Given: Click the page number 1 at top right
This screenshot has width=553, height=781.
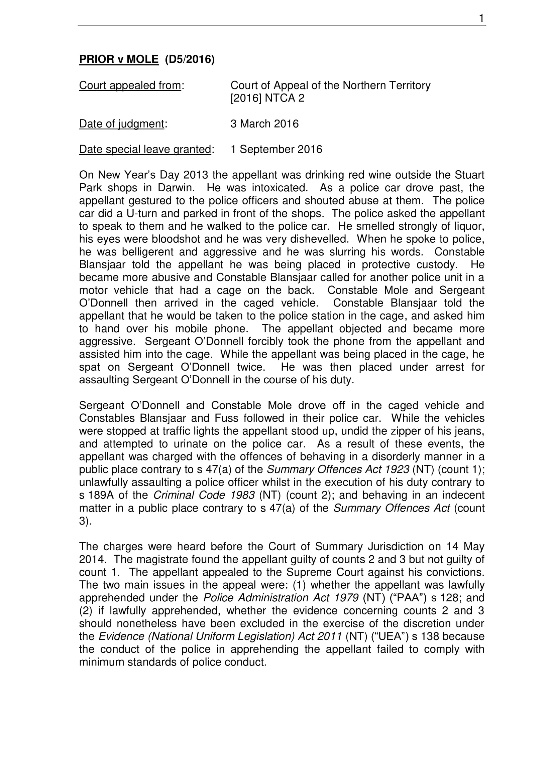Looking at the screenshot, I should tap(481, 18).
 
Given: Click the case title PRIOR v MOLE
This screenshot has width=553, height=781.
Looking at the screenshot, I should tap(118, 59).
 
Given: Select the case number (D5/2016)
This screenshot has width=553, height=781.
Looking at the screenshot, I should tap(190, 59).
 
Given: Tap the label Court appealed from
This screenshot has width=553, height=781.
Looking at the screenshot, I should tap(130, 85).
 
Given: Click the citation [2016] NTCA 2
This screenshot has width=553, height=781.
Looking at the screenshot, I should tap(267, 98).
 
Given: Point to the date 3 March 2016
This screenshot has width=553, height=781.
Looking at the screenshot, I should tap(264, 124).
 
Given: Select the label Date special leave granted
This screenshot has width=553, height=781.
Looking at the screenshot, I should tap(145, 149).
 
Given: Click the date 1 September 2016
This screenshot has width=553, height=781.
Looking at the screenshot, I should tap(276, 149).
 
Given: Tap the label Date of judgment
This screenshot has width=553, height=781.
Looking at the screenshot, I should tap(122, 124).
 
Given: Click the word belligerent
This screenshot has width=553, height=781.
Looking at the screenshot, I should tap(147, 252).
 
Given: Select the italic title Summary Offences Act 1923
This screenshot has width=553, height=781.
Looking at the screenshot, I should tap(338, 469).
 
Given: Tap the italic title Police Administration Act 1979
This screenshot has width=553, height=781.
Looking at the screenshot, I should tap(281, 598).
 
